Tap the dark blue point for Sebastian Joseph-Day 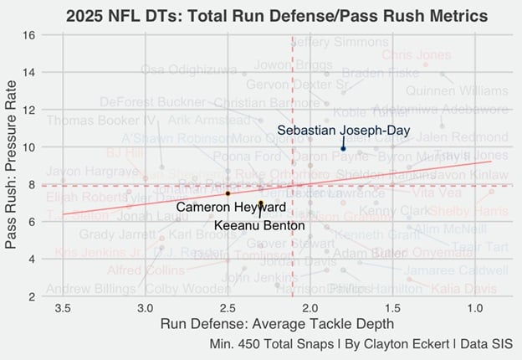[343, 149]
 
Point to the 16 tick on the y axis [29, 35]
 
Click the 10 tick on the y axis [29, 147]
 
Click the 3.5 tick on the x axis [62, 308]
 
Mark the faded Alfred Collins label [146, 270]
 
